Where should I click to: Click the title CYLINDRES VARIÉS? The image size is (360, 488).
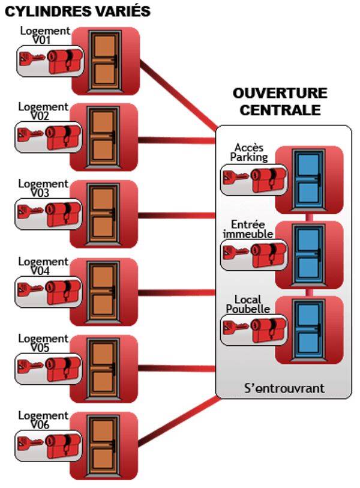click(x=77, y=11)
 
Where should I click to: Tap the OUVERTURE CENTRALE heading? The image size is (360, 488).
click(x=280, y=101)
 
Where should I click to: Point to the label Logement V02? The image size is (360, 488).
click(x=43, y=112)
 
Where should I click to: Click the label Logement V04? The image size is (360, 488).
click(x=43, y=267)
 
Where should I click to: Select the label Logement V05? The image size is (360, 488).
click(x=43, y=343)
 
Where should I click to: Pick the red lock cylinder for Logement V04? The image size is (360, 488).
click(x=64, y=291)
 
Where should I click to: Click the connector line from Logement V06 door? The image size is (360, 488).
click(x=177, y=421)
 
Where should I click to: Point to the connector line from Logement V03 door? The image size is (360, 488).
click(x=177, y=215)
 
